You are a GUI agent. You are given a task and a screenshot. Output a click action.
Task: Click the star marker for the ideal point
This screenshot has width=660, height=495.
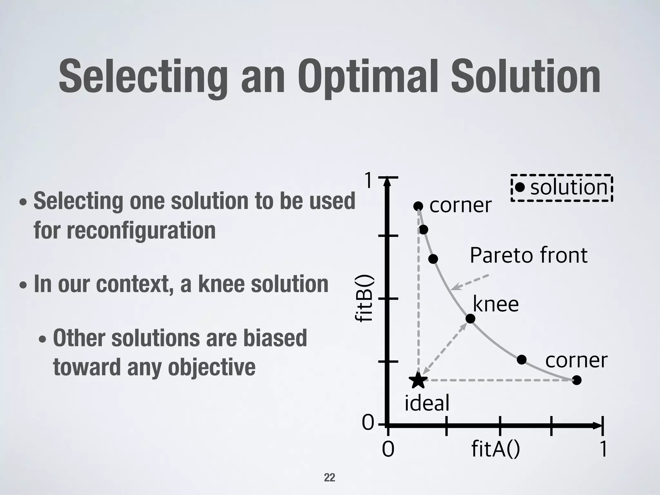(418, 380)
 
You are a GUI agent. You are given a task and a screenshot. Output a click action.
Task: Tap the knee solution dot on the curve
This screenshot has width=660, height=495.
(471, 319)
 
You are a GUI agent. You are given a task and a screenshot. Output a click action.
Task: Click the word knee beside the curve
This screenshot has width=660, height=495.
(496, 304)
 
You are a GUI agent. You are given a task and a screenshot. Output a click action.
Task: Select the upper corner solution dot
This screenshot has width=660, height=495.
(418, 206)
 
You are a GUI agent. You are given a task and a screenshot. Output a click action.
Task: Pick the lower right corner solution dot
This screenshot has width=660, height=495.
(577, 380)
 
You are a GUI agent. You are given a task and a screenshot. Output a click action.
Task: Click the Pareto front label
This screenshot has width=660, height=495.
(529, 255)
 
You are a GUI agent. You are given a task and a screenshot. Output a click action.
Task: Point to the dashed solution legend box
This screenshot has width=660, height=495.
(561, 188)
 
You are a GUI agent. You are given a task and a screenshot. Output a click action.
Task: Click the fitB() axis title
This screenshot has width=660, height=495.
(364, 299)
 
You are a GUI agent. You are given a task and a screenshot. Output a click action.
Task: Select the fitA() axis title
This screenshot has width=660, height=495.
(495, 449)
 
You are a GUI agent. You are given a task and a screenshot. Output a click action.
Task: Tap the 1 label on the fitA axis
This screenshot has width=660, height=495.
(603, 449)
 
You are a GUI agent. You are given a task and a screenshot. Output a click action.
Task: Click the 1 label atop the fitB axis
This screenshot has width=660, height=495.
(369, 180)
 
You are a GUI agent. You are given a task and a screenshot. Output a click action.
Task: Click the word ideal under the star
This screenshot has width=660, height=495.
(427, 403)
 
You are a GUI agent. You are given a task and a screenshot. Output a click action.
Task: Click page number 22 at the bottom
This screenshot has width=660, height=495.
(329, 477)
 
